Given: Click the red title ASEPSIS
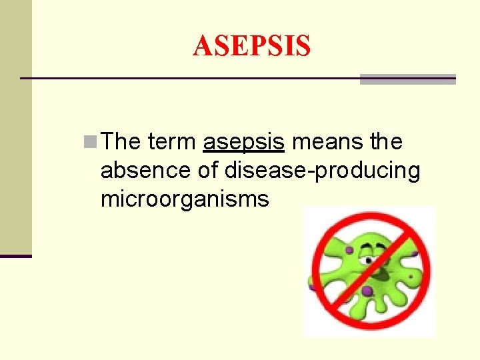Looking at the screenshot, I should (251, 46).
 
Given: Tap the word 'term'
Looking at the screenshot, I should (172, 141).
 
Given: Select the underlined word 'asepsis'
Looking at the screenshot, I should (244, 142).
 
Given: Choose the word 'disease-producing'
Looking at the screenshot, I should (323, 171).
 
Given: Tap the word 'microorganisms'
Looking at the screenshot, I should (185, 199).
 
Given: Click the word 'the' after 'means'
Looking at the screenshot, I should (385, 141).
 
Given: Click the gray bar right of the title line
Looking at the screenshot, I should (407, 79).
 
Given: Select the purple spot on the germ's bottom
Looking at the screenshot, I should (366, 291).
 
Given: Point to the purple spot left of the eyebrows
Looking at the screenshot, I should (347, 251).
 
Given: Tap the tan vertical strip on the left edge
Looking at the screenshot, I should (15, 127).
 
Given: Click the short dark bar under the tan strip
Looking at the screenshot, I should (15, 255).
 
